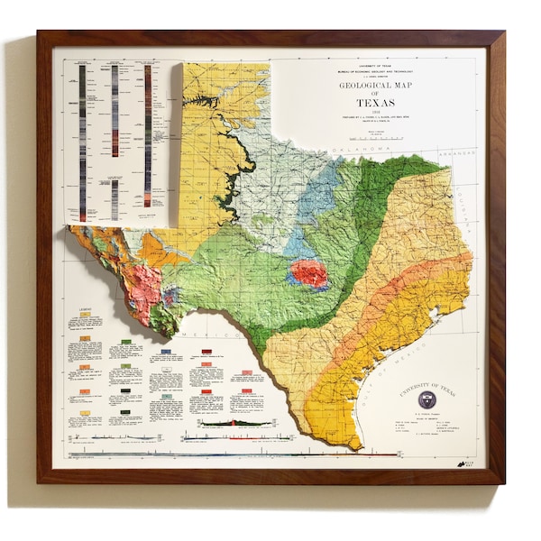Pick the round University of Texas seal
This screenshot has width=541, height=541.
point(426,399)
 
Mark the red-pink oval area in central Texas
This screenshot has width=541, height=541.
point(308,273)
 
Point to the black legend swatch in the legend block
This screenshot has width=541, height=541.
point(125,411)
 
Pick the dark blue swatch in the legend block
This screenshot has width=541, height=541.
point(166,352)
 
